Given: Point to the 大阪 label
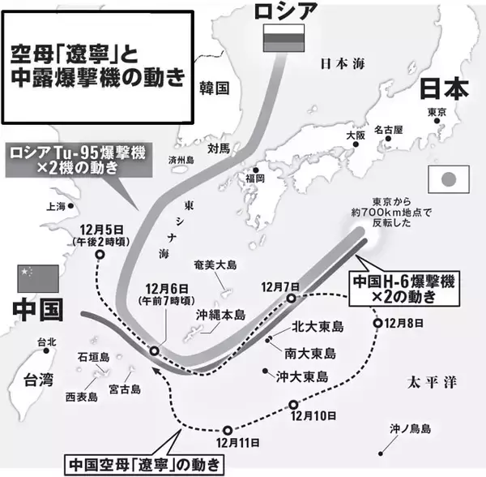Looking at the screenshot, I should pyautogui.click(x=356, y=135).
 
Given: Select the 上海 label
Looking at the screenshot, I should pyautogui.click(x=57, y=206).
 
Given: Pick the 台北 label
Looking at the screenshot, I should pyautogui.click(x=47, y=342).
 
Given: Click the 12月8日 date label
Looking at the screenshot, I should pyautogui.click(x=405, y=324).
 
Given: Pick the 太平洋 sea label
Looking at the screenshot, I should pyautogui.click(x=433, y=380).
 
